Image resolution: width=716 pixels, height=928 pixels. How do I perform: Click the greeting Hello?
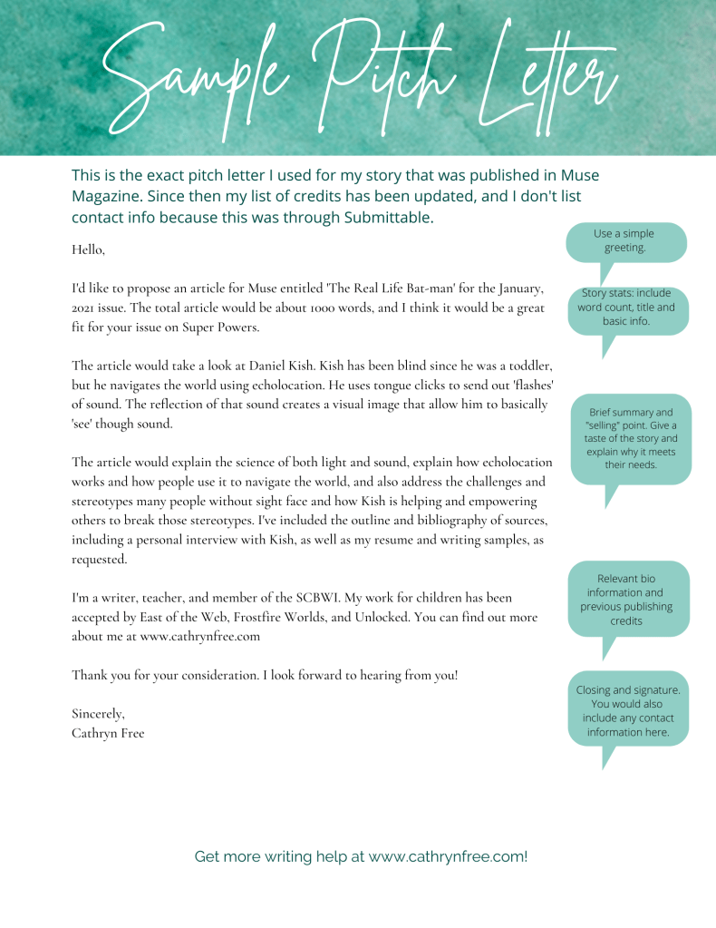[88, 249]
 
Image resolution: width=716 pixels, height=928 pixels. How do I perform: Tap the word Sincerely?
[98, 714]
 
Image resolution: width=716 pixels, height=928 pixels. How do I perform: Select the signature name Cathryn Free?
[108, 733]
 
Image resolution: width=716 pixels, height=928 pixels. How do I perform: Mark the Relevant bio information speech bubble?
[626, 600]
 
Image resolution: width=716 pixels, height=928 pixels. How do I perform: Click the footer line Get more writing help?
[361, 856]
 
